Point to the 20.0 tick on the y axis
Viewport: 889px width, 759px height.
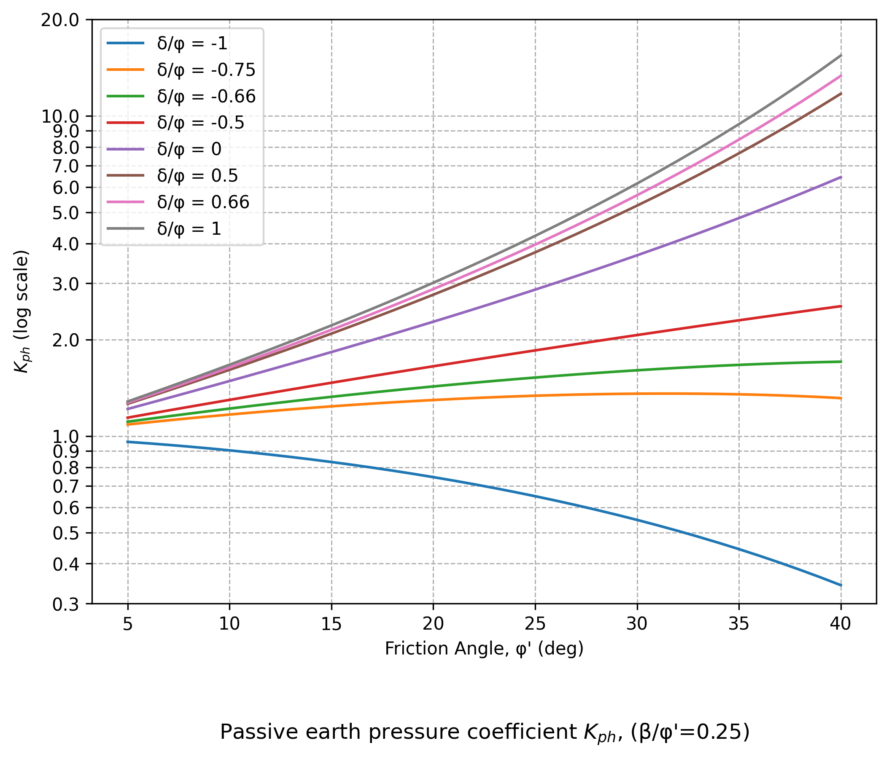[60, 20]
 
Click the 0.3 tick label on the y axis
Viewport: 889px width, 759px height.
[66, 605]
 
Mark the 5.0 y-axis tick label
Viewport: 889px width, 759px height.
[66, 213]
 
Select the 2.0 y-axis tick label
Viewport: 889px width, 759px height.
[66, 341]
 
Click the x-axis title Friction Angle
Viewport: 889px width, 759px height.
[484, 649]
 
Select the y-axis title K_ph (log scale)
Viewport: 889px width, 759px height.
[22, 312]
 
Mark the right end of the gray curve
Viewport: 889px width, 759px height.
[841, 55]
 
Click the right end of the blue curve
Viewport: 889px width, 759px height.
[841, 585]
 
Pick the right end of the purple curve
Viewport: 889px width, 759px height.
[841, 177]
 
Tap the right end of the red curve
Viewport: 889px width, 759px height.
[841, 306]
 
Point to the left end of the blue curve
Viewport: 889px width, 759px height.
[128, 442]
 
